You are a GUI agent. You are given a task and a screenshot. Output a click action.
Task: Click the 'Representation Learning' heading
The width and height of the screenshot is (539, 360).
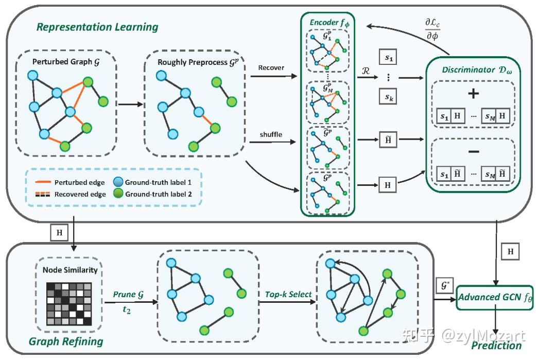coord(97,27)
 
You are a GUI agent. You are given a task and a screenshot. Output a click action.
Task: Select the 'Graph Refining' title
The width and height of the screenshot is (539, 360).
coord(66,341)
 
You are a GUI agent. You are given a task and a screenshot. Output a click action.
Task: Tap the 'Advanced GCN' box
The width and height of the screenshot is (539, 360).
coord(495,297)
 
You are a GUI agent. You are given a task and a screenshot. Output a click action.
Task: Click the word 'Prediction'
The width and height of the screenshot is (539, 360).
coord(496,345)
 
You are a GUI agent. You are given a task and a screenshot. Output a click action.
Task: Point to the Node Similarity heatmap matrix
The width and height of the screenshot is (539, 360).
coord(69,304)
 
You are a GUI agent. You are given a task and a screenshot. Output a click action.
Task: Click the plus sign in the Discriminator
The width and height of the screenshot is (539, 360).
coord(473,94)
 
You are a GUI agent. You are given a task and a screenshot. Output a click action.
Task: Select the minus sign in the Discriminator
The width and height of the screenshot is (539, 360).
coord(473,151)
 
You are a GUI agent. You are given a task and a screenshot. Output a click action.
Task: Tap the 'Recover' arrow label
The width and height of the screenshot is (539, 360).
coord(271,68)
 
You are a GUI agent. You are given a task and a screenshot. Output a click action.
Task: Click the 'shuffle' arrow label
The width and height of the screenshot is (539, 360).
coord(271,134)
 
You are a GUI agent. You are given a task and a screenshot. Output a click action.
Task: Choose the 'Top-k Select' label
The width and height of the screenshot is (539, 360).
coord(288,294)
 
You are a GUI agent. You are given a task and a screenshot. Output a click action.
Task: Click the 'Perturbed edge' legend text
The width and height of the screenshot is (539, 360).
coord(79,183)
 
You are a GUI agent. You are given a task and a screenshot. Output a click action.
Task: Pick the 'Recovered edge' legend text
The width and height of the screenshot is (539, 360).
coord(80,194)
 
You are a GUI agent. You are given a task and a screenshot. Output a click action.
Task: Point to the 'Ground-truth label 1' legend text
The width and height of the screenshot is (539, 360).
coord(158,182)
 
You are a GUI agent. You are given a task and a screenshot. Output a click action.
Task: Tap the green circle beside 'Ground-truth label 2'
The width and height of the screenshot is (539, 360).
coord(118,193)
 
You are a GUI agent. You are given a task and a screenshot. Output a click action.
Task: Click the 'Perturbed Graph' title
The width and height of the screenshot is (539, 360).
coord(66,62)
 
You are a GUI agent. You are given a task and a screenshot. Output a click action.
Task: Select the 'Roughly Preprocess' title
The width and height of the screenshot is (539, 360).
coord(198,62)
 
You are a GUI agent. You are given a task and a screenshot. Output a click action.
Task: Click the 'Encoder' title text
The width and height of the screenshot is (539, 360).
coord(324,22)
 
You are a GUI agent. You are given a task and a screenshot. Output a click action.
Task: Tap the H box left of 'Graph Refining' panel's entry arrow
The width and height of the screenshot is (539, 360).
coord(60,233)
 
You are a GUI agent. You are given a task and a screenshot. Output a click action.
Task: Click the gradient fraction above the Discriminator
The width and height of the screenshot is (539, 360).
coord(432,29)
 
